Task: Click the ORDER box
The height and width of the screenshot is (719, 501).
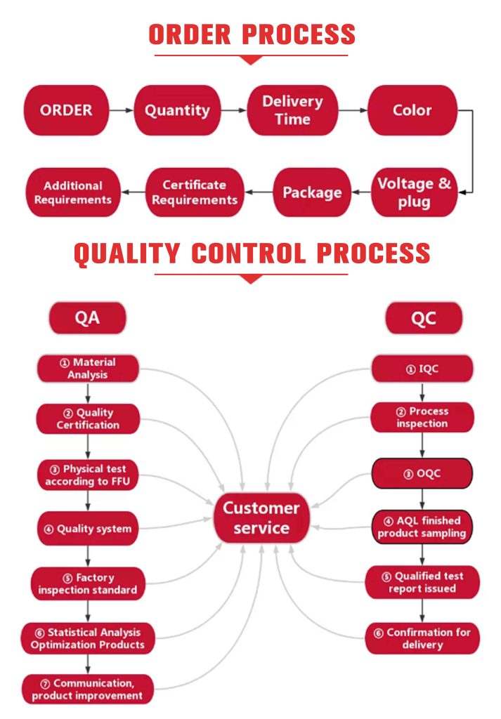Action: [x=66, y=110]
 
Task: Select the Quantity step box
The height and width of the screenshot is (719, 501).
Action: [x=177, y=110]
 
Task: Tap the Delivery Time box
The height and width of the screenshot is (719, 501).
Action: [x=292, y=110]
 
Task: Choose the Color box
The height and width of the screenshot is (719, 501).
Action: [x=412, y=110]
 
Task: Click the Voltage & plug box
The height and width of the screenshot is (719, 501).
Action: [x=415, y=192]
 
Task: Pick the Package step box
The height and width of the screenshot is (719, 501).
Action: [x=312, y=192]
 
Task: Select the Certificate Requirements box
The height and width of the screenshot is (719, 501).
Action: [x=195, y=192]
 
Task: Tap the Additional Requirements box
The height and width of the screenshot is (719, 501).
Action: [x=73, y=192]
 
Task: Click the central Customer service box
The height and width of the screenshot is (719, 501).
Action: [x=261, y=517]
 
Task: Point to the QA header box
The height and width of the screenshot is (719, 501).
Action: [x=87, y=318]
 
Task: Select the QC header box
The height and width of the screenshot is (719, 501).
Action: [x=424, y=319]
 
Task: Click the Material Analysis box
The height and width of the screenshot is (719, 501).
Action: [x=87, y=369]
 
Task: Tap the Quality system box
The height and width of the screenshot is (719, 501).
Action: [x=87, y=529]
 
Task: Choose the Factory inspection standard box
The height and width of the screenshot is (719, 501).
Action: [x=87, y=583]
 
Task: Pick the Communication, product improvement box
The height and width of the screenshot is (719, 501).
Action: [x=87, y=689]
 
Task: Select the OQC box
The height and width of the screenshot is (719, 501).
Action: [x=422, y=473]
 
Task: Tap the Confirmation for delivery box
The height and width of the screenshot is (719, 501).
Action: [x=422, y=638]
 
